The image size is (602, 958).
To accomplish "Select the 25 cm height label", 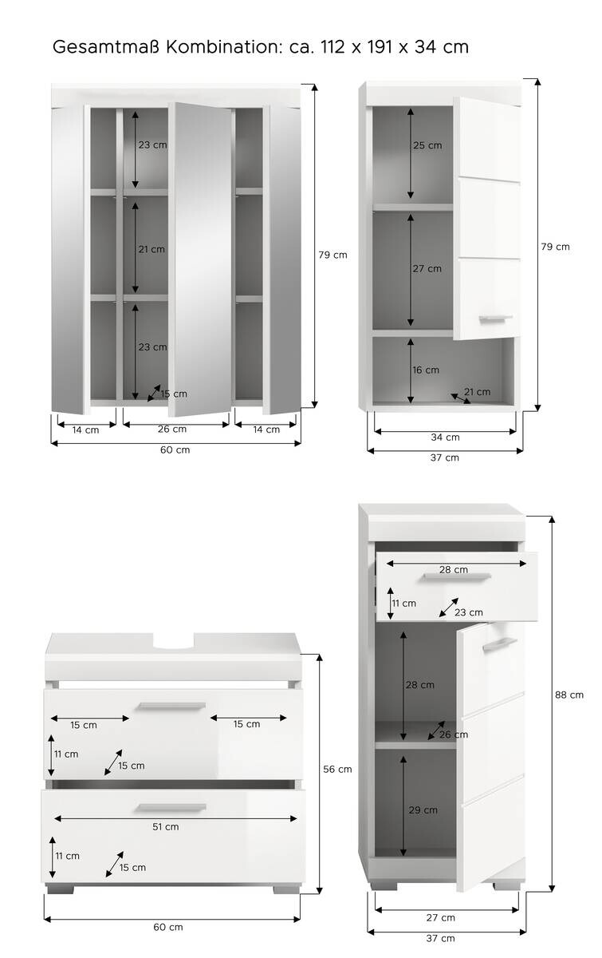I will click(427, 145).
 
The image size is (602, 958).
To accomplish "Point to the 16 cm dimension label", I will click(427, 370).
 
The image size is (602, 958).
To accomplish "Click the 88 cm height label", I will click(569, 695).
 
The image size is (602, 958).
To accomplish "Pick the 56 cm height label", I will click(338, 769).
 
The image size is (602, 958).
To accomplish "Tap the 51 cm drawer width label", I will click(166, 826).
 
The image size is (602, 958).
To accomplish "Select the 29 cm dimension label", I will click(423, 810).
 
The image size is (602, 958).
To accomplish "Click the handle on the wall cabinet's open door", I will click(495, 319).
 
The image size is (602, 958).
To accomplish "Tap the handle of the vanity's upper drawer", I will click(171, 706).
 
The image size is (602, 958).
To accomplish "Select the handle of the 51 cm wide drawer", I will click(171, 808).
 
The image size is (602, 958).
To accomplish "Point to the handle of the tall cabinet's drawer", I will click(457, 578).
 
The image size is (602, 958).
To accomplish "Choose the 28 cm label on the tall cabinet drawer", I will click(454, 569).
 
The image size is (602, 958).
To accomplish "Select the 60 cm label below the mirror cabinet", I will click(175, 449).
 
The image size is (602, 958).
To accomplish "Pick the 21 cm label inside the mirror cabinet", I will click(151, 249).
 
